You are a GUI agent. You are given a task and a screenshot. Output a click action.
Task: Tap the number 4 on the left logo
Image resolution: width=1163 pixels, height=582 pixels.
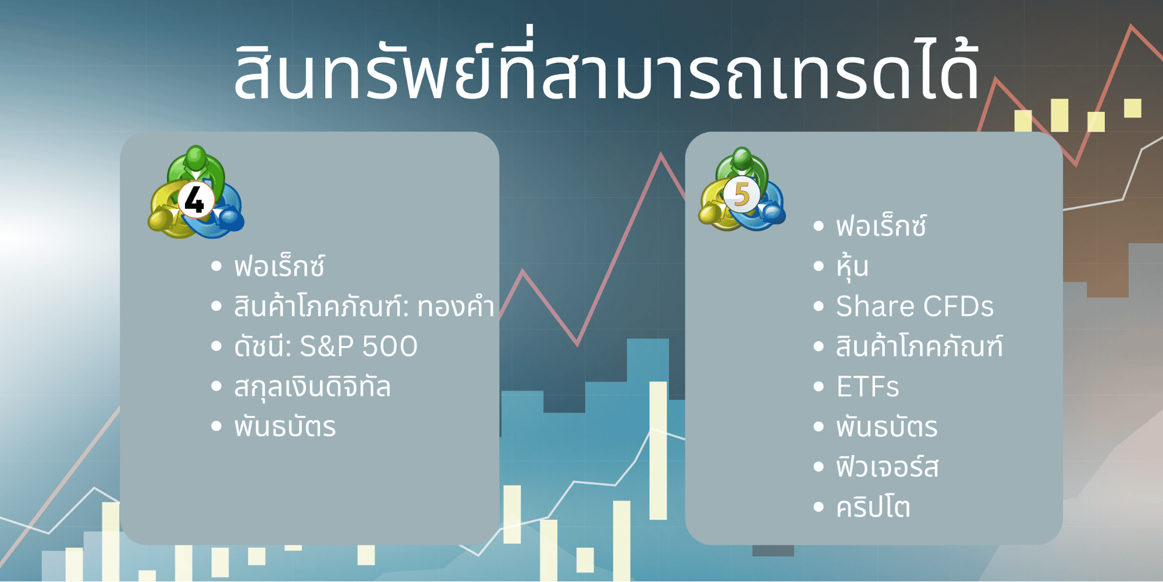tap(194, 200)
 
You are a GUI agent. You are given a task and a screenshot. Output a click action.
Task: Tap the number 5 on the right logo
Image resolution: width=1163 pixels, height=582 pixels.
tap(742, 194)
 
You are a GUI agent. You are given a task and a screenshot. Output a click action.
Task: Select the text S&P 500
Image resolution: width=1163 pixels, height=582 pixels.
tap(358, 347)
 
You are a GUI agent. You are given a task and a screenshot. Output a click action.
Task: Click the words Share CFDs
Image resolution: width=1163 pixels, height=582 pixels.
tap(915, 307)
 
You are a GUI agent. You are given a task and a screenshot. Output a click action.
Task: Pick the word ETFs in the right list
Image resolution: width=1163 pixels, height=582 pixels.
tap(867, 387)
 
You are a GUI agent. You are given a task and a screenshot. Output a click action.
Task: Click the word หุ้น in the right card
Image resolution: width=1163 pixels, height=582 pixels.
tap(852, 267)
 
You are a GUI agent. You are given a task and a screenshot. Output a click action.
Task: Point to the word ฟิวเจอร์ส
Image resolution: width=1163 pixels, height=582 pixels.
tap(887, 467)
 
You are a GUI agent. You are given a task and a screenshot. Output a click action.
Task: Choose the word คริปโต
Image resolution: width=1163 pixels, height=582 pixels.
tap(873, 508)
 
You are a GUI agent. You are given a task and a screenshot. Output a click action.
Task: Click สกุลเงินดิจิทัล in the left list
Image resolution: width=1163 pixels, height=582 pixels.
tap(312, 388)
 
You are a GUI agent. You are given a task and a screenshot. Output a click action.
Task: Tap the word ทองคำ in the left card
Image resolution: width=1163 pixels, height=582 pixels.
tap(456, 307)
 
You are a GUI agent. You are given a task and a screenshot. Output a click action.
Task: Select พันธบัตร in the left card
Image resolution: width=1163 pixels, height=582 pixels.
tap(285, 427)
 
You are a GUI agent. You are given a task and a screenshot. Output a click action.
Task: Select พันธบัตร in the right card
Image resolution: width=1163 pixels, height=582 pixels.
tap(887, 427)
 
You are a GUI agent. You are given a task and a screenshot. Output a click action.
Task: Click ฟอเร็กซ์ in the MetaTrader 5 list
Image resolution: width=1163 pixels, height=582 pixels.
tap(881, 226)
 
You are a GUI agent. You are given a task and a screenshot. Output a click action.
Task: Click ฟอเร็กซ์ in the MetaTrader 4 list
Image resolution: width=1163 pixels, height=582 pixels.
tap(279, 267)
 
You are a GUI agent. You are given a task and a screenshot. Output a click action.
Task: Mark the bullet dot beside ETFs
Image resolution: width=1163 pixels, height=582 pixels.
tap(819, 387)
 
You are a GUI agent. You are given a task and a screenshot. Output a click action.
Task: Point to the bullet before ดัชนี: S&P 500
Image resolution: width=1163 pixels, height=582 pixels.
tap(216, 347)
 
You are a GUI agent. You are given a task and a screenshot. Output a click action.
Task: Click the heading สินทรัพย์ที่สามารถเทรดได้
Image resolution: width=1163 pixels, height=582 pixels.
tap(607, 73)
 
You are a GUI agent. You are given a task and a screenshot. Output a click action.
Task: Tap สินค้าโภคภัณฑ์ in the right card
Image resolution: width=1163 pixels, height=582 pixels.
tap(919, 347)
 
